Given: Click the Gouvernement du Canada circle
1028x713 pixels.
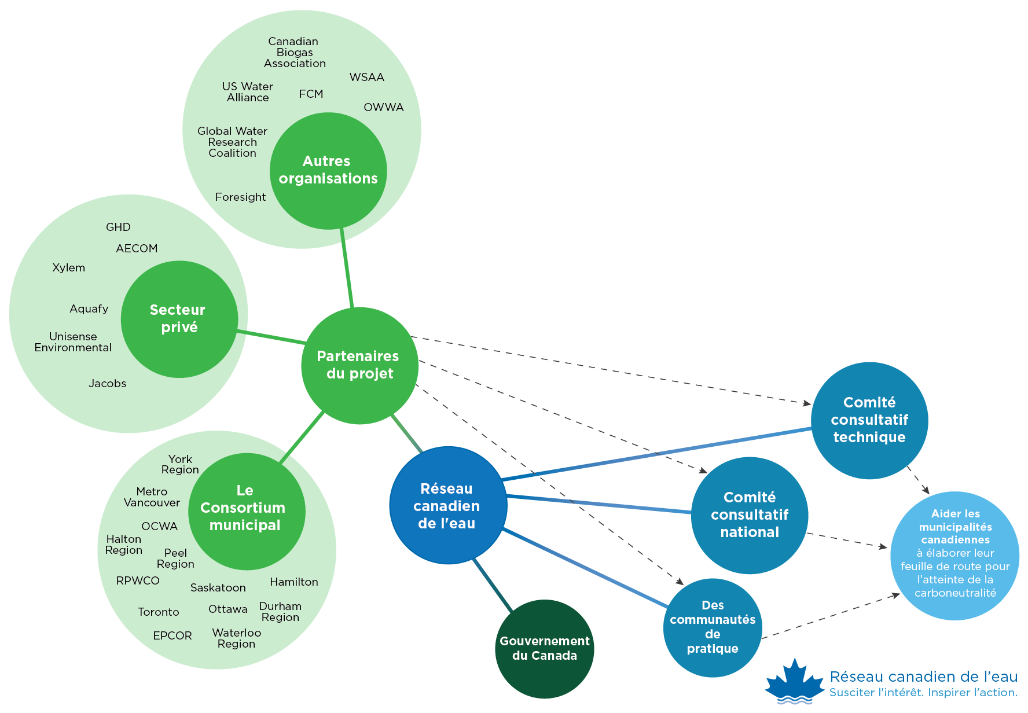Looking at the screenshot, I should [544, 649].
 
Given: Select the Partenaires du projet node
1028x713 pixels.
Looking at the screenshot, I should [359, 365].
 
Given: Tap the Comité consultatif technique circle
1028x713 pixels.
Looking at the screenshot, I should [869, 420].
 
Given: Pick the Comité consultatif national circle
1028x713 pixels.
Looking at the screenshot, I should [750, 515].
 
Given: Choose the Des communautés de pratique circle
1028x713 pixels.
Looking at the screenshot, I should [713, 627].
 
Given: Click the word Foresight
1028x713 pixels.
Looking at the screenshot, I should [240, 197].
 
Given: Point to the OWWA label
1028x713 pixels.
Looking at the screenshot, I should [383, 108].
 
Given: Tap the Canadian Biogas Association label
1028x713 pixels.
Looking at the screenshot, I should [295, 53].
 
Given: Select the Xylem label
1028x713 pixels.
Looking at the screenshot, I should [69, 268].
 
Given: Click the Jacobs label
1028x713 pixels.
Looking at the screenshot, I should [107, 384].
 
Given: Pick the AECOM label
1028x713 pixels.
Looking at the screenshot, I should [137, 249].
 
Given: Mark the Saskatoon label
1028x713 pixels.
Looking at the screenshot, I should [218, 588].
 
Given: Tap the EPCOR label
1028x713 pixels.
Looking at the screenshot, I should [172, 636].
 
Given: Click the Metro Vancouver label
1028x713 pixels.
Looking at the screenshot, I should [152, 497].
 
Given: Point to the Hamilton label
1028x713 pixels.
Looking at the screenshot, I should [293, 582].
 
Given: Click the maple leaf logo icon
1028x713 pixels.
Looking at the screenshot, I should [794, 682].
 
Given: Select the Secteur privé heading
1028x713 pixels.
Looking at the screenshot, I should [178, 318].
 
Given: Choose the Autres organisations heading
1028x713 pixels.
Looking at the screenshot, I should [328, 170].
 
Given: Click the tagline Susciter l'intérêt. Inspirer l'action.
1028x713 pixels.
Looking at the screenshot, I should [923, 693].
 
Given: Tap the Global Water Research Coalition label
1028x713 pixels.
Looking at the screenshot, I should [232, 142].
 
